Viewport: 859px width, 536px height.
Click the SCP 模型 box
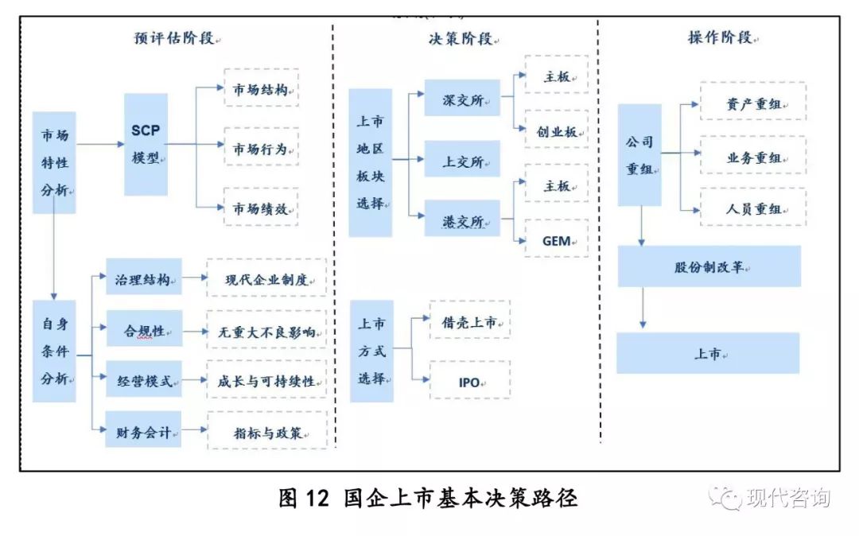[146, 144]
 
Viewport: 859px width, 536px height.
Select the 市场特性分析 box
[54, 162]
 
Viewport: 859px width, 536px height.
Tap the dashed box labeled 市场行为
[261, 148]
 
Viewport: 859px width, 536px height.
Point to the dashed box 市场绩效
[261, 208]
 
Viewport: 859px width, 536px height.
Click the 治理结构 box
[144, 279]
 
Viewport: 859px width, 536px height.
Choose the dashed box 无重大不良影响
[266, 331]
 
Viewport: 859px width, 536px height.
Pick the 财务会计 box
[144, 433]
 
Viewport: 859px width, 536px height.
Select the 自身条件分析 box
[54, 351]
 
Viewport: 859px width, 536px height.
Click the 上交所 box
[462, 161]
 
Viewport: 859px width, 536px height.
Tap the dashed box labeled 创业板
[557, 131]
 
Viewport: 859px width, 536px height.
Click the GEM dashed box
[557, 239]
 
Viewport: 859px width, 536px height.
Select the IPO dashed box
[470, 381]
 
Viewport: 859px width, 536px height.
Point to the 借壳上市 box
[470, 321]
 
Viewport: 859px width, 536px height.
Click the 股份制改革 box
[709, 266]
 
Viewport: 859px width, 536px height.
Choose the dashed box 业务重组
[752, 157]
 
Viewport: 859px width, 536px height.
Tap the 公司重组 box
[639, 154]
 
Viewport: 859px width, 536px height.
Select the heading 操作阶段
[721, 37]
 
